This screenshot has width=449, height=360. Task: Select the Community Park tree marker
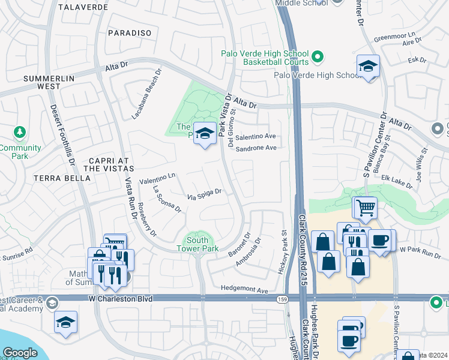pyautogui.click(x=20, y=131)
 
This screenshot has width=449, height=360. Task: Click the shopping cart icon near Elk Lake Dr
pyautogui.click(x=366, y=208)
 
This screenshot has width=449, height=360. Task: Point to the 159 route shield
pyautogui.click(x=281, y=298)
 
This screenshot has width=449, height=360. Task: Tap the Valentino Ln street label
pyautogui.click(x=157, y=178)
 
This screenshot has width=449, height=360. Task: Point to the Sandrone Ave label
pyautogui.click(x=256, y=148)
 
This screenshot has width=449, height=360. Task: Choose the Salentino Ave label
pyautogui.click(x=256, y=137)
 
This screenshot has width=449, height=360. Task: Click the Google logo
pyautogui.click(x=20, y=353)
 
